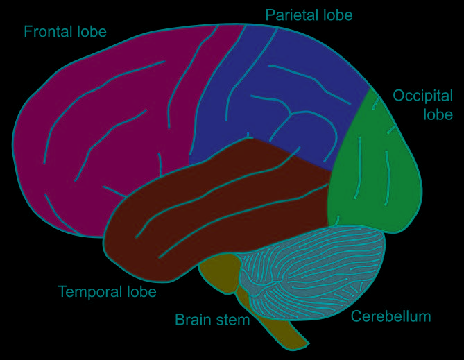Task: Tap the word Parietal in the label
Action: pos(289,15)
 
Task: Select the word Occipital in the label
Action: pos(422,96)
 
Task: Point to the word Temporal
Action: pos(87,292)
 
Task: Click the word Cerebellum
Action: pos(391,317)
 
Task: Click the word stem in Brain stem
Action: pos(232,320)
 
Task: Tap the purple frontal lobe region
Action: pos(104,125)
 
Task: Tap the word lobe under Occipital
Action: pos(438,114)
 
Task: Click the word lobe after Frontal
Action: pos(92,32)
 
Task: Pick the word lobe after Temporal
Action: pos(141,292)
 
